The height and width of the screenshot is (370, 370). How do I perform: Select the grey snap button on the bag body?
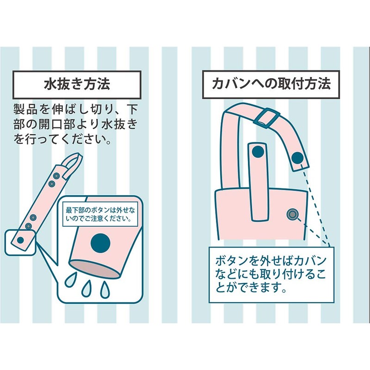[x=292, y=214]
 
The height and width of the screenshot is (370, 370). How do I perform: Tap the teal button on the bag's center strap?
[x=258, y=151]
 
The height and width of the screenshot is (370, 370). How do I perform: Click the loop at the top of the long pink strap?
[x=73, y=160]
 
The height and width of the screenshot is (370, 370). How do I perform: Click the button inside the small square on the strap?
[x=20, y=240]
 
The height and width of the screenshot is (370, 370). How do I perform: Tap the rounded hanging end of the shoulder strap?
[x=298, y=160]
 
